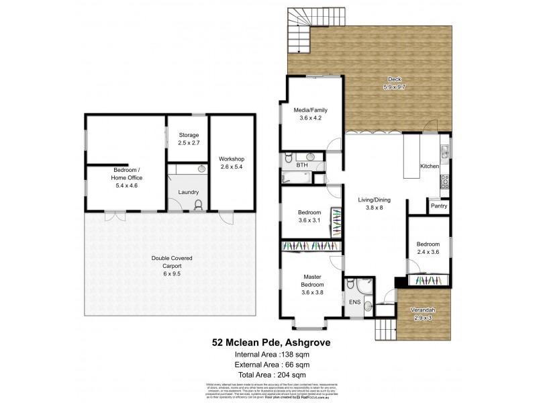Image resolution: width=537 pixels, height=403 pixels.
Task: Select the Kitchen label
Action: click(429, 166)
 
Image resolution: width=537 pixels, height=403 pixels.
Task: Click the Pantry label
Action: click(439, 206)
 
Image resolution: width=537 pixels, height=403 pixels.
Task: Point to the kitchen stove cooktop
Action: click(444, 181)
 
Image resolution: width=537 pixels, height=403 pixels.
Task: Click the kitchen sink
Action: click(444, 147)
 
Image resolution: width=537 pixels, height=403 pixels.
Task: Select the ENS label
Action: click(354, 302)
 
